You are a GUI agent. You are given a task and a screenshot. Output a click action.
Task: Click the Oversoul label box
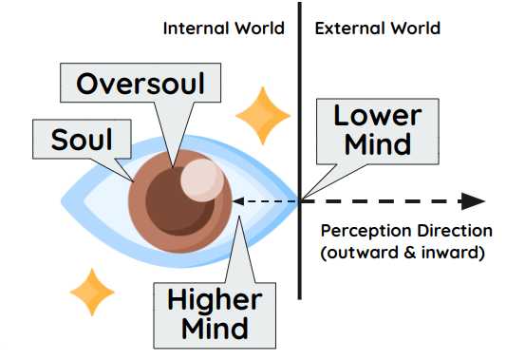141,83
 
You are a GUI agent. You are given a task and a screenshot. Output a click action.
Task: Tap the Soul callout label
81,141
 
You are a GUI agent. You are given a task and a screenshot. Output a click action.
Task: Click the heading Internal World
223,28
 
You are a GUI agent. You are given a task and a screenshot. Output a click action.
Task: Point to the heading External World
377,28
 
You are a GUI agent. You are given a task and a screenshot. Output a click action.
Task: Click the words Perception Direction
406,231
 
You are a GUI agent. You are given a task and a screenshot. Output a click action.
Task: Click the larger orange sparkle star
262,116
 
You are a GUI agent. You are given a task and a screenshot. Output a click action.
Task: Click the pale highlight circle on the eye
199,179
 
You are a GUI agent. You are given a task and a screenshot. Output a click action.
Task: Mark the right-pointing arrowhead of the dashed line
473,200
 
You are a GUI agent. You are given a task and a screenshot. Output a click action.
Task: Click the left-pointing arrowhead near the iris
238,200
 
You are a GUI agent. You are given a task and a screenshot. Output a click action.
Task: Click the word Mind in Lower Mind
378,144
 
